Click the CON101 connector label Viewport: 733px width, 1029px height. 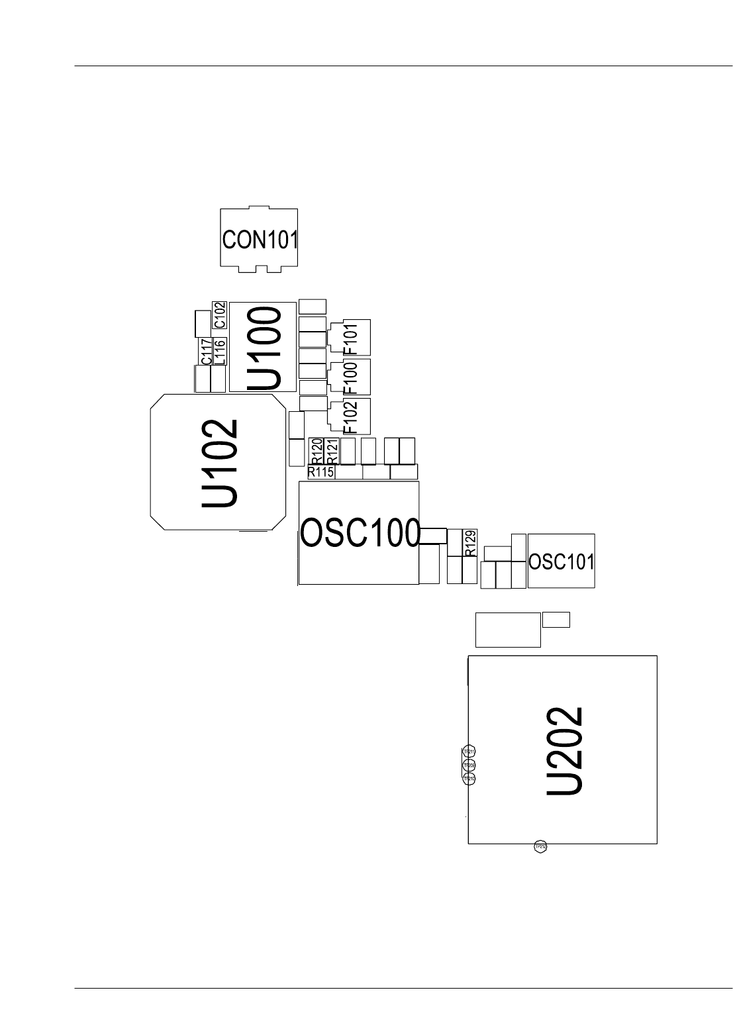click(x=260, y=239)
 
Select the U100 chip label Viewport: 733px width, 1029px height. click(x=264, y=347)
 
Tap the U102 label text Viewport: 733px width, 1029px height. click(x=219, y=462)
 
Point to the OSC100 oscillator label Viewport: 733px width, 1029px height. click(x=360, y=533)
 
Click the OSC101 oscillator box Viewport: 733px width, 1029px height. click(x=562, y=562)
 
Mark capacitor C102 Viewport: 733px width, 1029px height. click(x=219, y=315)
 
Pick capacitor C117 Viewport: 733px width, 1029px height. click(x=207, y=351)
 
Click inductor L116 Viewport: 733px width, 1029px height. click(x=220, y=351)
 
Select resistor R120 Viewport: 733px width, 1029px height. click(x=317, y=450)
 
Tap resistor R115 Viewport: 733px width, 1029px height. click(x=320, y=472)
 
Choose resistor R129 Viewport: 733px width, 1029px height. click(x=470, y=543)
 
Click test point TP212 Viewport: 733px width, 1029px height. click(x=540, y=846)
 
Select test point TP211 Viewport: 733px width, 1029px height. click(x=469, y=752)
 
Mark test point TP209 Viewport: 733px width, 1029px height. click(x=469, y=765)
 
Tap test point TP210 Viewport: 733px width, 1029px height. click(x=469, y=779)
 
